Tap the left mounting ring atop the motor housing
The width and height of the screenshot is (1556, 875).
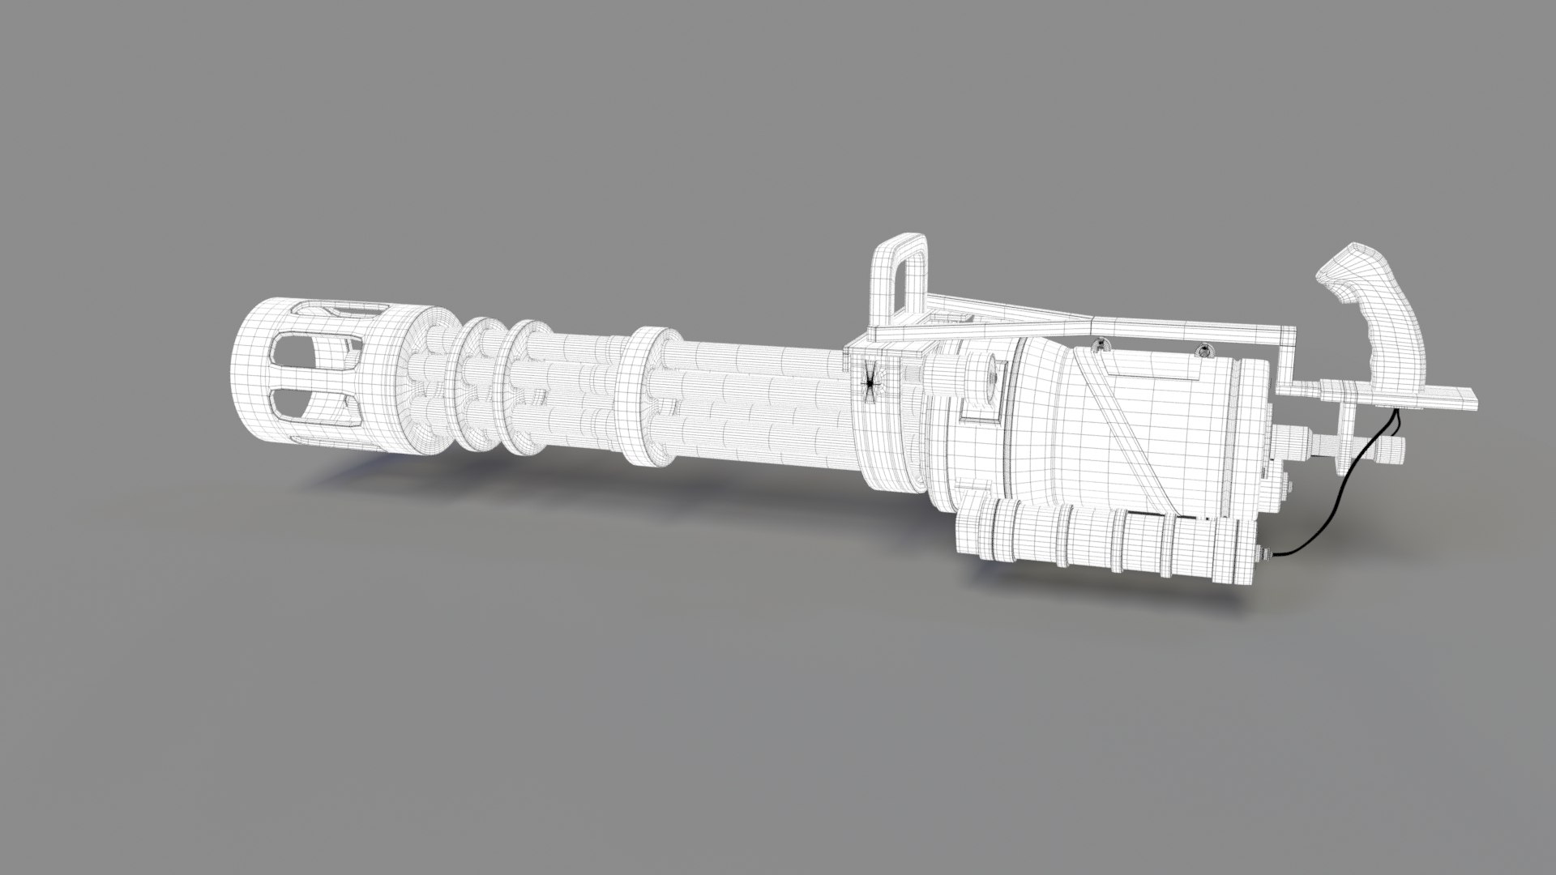(1100, 344)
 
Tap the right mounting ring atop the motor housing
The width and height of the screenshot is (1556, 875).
(1203, 350)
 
